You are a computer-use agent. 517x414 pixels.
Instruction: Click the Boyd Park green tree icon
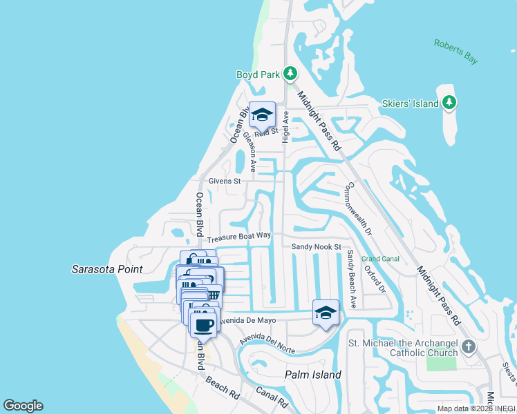[290, 73]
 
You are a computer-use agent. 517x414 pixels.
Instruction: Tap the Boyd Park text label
[256, 75]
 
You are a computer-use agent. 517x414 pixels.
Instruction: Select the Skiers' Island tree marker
[449, 103]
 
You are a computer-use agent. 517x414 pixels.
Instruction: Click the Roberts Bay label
[455, 52]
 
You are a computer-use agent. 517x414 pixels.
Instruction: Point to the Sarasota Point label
[107, 268]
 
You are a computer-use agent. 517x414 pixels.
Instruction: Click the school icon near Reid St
[262, 114]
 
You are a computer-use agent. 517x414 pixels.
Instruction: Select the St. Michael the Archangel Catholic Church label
[403, 348]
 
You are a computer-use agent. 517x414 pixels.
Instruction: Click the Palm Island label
[313, 375]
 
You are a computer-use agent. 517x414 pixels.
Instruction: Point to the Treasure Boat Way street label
[239, 236]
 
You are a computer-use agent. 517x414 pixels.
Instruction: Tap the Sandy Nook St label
[317, 246]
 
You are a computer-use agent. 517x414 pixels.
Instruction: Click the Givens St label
[224, 181]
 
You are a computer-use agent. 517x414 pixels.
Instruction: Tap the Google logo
[23, 406]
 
